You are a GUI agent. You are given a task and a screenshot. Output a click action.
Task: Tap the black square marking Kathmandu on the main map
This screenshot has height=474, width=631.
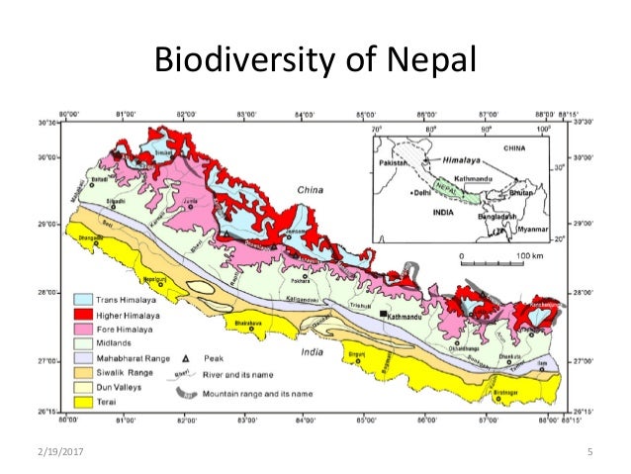(x=383, y=314)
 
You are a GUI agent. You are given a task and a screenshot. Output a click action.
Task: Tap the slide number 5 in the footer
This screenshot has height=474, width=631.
(x=588, y=452)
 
